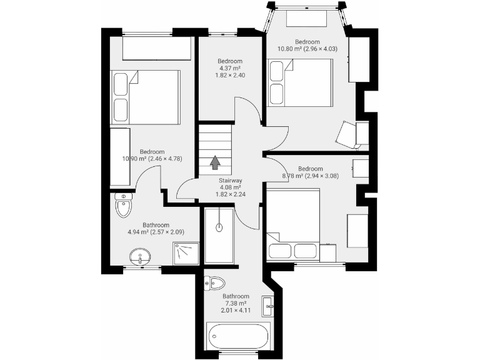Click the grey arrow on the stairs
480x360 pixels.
point(215,162)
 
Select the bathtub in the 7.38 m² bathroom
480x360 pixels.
point(237,336)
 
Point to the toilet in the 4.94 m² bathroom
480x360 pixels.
point(124,205)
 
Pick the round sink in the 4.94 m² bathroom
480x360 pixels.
point(141,256)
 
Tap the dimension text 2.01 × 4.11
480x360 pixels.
point(236,310)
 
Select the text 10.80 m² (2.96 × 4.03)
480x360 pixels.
point(307,49)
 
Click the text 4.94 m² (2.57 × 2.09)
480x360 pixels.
point(156,232)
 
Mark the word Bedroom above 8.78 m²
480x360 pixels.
point(310,169)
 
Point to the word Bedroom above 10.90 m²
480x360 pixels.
point(152,152)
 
